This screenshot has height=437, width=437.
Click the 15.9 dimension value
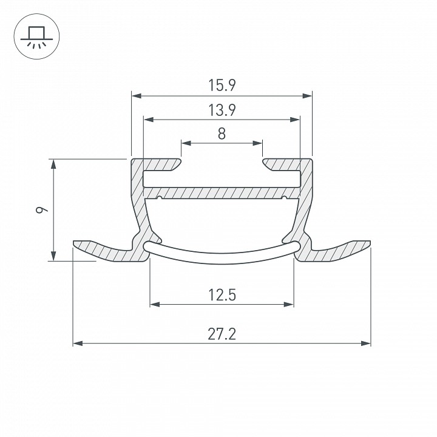(x=222, y=86)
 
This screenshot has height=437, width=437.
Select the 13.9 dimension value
(x=222, y=110)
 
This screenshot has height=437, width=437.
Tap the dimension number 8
(x=222, y=134)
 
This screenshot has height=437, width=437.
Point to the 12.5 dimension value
(x=222, y=295)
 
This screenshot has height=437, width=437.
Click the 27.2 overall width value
(x=222, y=334)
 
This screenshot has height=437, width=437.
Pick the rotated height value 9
(x=42, y=209)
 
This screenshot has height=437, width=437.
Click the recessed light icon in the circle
(x=36, y=38)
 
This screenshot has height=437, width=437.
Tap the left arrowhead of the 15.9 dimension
(x=137, y=96)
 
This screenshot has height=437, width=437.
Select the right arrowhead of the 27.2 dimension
(x=365, y=344)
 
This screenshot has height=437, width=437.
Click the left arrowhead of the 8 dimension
(x=186, y=143)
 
